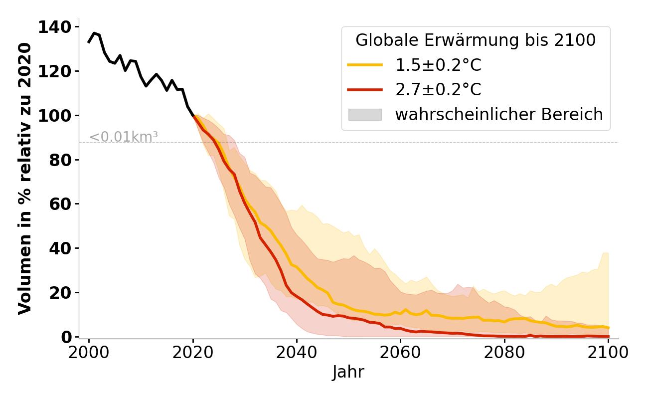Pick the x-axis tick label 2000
tap(89, 353)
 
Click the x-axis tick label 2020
tap(193, 353)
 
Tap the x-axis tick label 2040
tap(297, 353)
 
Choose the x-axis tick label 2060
tap(400, 353)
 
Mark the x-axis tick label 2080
tap(504, 353)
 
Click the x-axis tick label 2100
tap(608, 353)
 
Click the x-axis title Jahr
tap(348, 373)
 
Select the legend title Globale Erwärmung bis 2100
tap(476, 40)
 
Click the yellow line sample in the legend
tap(365, 65)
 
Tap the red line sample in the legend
tap(365, 90)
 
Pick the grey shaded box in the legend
tap(365, 115)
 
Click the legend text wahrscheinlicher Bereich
tap(499, 115)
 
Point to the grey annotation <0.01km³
tap(124, 137)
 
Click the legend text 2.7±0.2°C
tap(438, 90)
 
